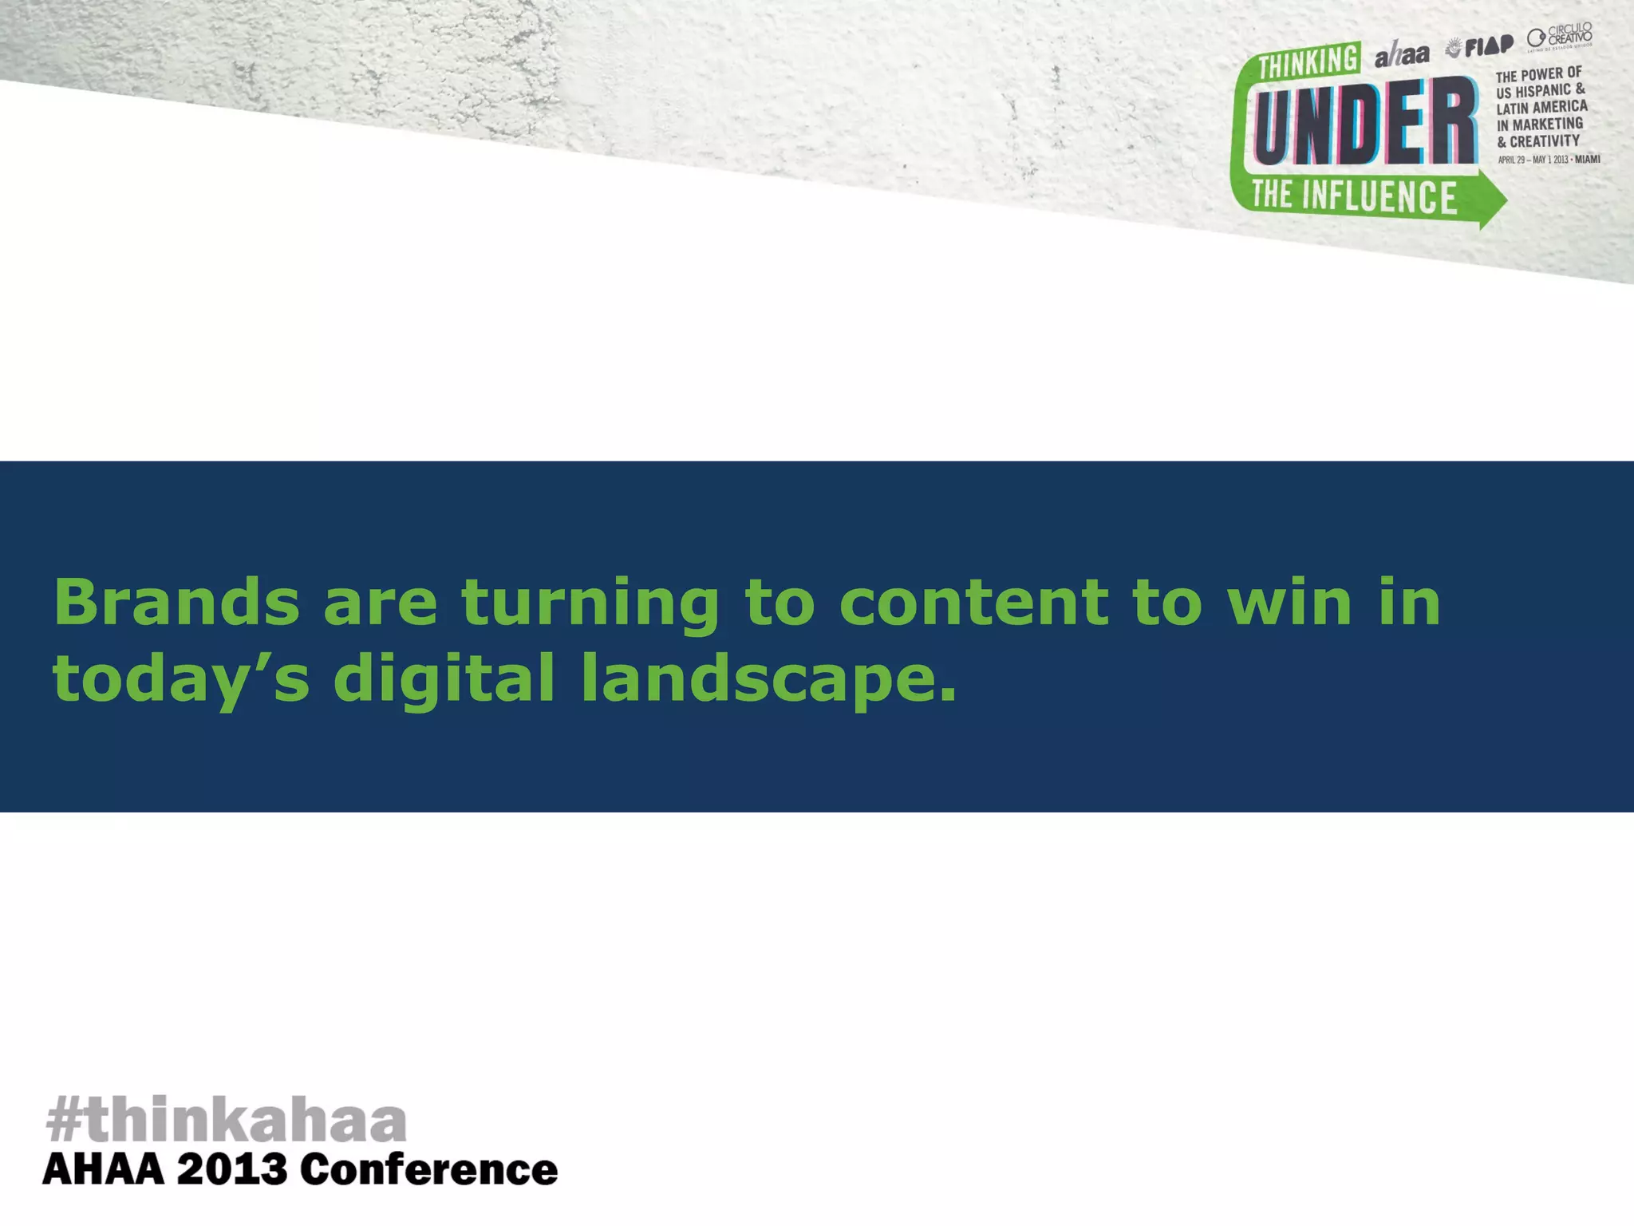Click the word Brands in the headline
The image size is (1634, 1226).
point(176,603)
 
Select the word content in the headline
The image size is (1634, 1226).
point(973,603)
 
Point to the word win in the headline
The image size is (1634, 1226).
point(1289,603)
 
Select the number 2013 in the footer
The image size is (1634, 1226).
point(231,1171)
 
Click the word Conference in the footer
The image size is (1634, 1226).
point(428,1171)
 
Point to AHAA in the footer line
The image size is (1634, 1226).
point(103,1171)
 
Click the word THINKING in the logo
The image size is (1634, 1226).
point(1308,61)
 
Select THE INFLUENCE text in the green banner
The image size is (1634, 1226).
point(1354,196)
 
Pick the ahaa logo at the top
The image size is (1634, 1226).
point(1402,54)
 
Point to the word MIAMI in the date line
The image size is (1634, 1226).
point(1587,159)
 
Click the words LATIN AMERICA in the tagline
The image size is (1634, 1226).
point(1541,107)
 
